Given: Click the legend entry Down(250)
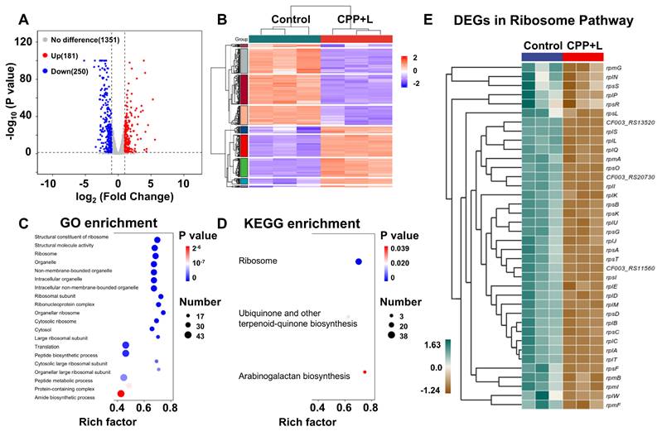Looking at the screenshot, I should pos(73,69).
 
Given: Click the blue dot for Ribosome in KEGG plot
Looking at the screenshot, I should pos(359,261).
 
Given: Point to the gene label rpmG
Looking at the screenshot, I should pos(614,66).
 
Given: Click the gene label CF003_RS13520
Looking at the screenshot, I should pos(630,122).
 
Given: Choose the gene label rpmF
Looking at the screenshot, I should pos(613,405).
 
